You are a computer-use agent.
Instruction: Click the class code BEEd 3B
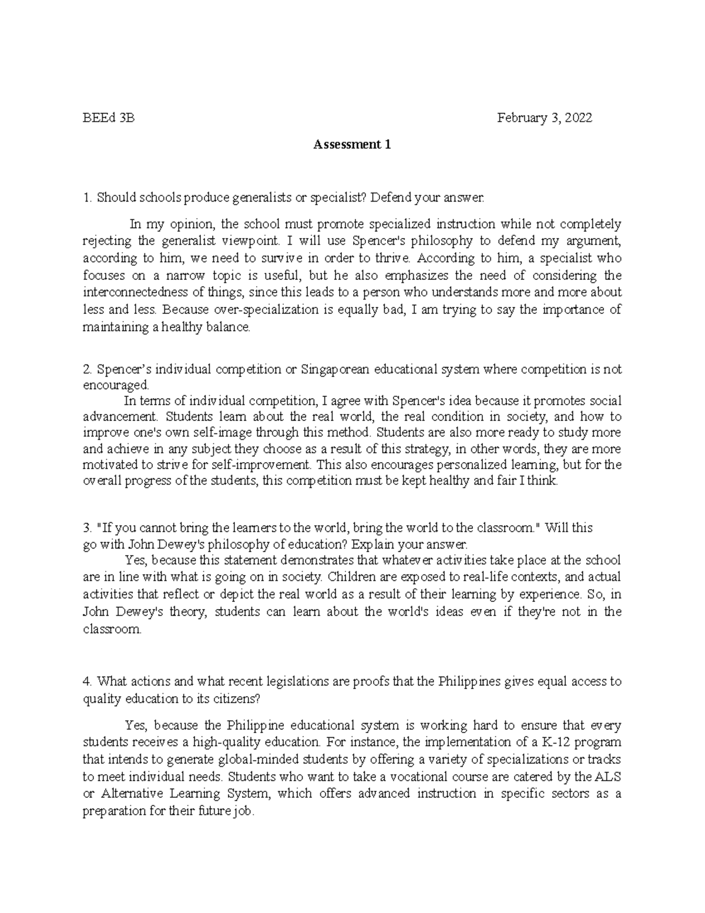pyautogui.click(x=109, y=118)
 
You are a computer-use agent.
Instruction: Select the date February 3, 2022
pyautogui.click(x=545, y=118)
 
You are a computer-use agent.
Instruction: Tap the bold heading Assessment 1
pyautogui.click(x=352, y=145)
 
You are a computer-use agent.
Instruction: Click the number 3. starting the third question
pyautogui.click(x=88, y=528)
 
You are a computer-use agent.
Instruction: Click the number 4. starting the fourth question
pyautogui.click(x=88, y=682)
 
